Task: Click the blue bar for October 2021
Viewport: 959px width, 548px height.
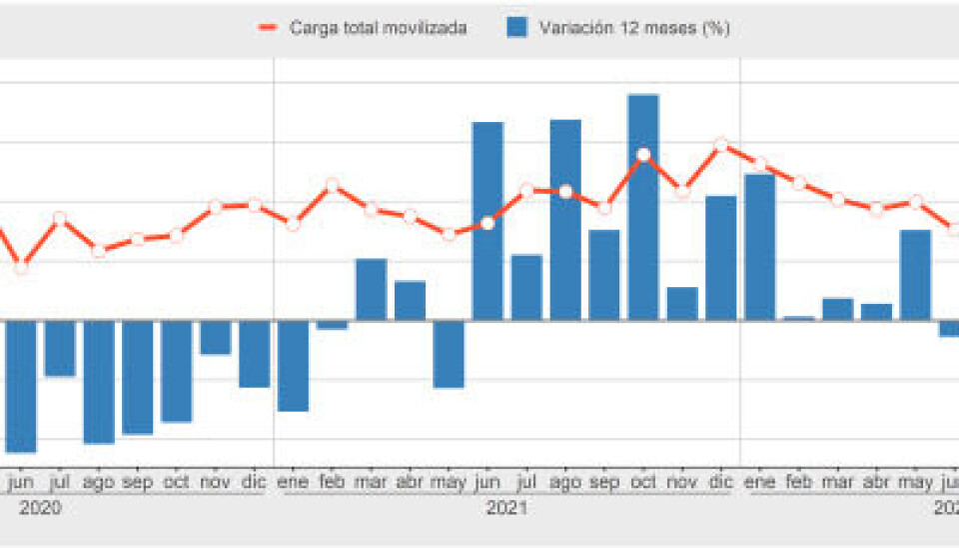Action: click(643, 207)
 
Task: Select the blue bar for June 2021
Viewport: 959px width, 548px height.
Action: click(487, 221)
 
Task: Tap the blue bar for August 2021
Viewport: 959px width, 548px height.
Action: click(565, 220)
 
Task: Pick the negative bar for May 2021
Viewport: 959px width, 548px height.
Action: click(449, 354)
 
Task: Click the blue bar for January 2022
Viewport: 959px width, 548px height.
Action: click(760, 247)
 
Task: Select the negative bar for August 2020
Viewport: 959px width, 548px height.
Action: click(99, 381)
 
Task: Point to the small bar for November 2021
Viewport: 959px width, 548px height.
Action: click(682, 304)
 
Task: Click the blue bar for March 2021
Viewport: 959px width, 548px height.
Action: click(371, 290)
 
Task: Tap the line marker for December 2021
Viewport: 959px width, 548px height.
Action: click(721, 145)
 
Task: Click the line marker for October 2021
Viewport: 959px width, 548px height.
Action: click(643, 155)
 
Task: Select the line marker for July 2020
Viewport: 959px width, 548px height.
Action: click(60, 218)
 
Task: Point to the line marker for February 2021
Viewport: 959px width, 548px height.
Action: click(333, 185)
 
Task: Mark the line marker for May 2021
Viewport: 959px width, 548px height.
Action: click(449, 234)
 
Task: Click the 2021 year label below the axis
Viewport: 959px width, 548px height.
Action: click(506, 508)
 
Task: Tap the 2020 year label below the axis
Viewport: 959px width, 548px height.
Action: click(40, 508)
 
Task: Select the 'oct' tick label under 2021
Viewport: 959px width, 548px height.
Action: click(643, 482)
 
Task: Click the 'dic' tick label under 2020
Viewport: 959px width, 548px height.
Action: click(255, 482)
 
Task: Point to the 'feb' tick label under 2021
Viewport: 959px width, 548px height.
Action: click(333, 482)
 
